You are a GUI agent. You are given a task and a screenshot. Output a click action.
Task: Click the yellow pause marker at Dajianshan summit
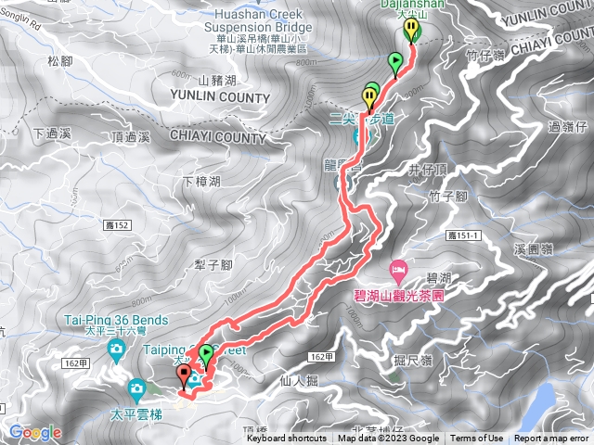point(411,31)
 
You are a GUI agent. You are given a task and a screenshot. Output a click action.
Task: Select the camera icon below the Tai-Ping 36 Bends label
point(117,349)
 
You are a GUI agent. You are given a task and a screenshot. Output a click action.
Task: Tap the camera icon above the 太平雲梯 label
point(137,388)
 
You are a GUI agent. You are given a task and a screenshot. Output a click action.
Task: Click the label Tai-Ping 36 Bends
point(116,321)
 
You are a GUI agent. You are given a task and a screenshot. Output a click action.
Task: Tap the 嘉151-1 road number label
point(464,237)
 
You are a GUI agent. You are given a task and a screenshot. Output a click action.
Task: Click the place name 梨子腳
point(213,264)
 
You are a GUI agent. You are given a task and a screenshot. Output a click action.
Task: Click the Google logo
point(35,433)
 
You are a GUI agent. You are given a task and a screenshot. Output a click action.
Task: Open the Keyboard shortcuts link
point(288,439)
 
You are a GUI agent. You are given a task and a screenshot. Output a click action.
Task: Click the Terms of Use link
point(477,439)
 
